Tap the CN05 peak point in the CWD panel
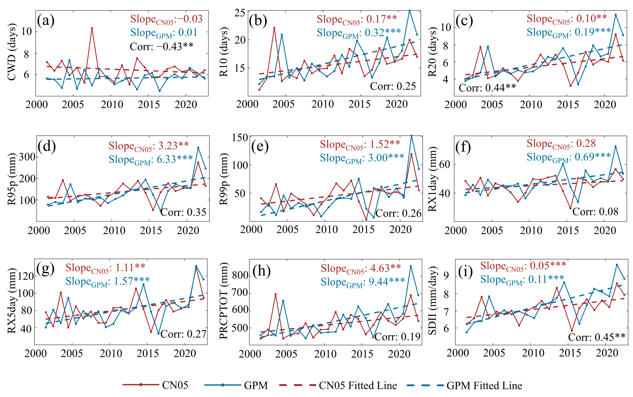pos(92,28)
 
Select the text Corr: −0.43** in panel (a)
pos(161,46)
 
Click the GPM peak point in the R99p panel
pos(411,136)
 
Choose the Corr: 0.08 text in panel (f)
pos(595,212)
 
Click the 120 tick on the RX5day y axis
pos(26,276)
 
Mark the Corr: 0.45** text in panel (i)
pos(597,337)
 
